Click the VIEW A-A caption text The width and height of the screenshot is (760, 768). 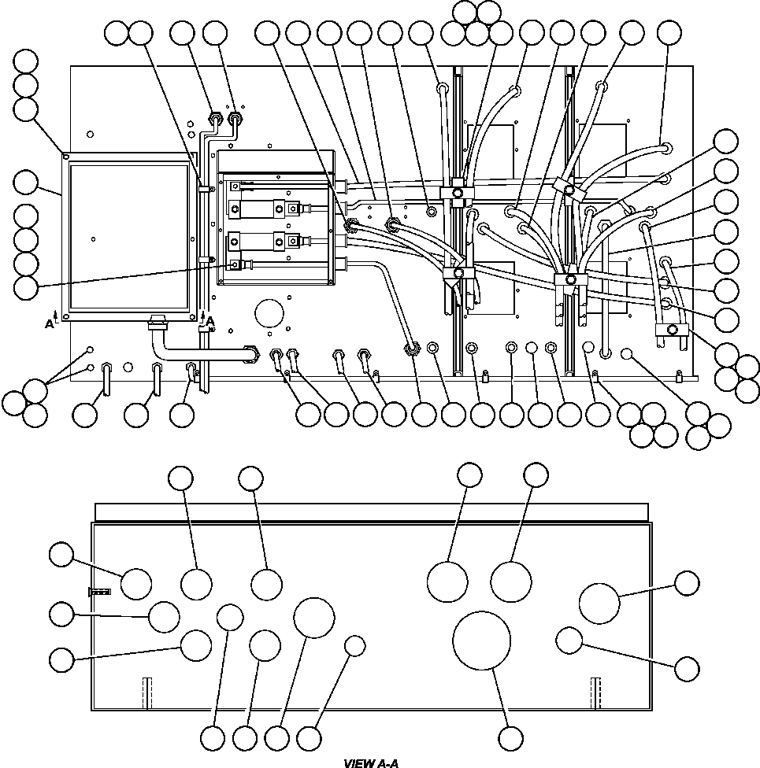point(371,763)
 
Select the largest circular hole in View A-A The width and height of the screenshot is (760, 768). point(481,641)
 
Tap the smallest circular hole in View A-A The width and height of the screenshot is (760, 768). point(355,646)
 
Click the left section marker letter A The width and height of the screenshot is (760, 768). point(49,323)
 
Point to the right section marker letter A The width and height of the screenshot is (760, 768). point(209,321)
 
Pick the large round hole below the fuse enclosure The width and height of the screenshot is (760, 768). point(269,313)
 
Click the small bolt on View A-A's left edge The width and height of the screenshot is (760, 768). point(99,592)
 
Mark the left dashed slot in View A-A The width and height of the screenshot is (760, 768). point(147,693)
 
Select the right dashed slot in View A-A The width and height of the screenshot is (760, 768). point(595,693)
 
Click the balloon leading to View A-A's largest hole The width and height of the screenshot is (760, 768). point(510,737)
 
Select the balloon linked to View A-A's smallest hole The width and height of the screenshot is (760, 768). point(309,737)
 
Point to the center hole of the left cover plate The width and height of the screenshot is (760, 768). point(93,239)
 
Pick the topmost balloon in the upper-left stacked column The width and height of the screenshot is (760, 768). point(25,61)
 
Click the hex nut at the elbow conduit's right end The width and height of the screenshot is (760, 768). point(253,353)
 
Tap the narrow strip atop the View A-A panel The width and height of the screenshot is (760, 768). point(372,511)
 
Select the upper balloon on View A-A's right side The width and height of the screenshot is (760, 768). point(687,583)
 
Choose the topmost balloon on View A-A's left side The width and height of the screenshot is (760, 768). point(61,555)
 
